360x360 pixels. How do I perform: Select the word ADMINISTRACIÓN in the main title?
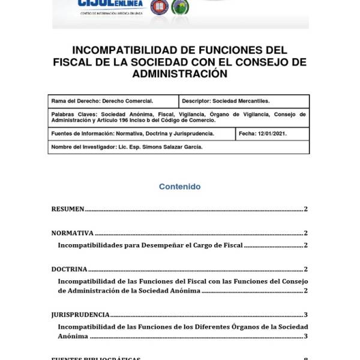point(180,74)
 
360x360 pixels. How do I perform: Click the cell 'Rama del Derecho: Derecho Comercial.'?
point(103,101)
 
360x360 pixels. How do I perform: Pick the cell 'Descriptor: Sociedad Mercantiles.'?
point(226,101)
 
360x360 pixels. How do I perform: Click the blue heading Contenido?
point(179,187)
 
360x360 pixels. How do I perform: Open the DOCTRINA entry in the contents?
point(69,269)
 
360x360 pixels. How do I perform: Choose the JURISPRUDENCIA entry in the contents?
point(80,314)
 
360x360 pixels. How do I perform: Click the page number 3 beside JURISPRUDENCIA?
point(305,314)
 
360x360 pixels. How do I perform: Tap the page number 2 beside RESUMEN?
point(305,209)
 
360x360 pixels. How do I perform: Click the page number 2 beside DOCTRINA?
point(305,269)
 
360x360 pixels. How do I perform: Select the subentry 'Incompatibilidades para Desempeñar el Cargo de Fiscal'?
point(150,245)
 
